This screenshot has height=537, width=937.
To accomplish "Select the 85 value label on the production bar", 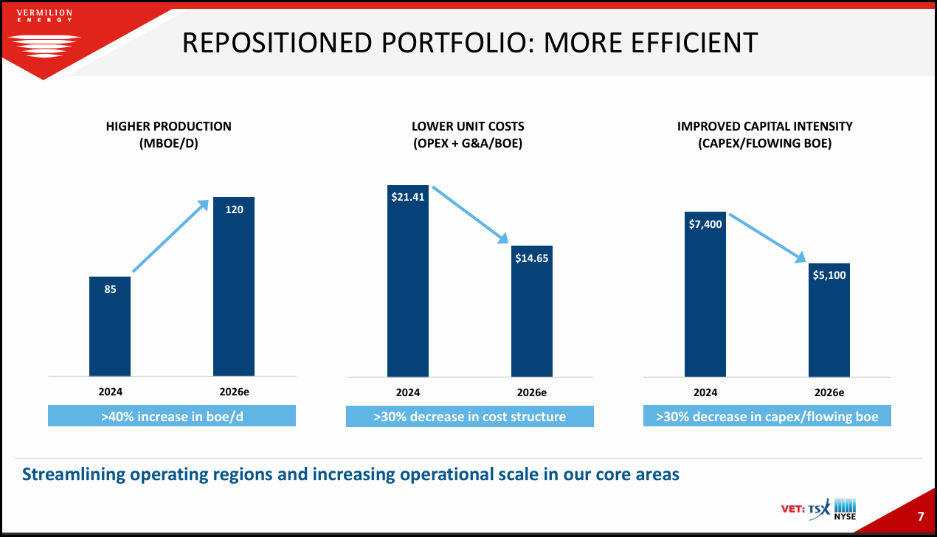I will coord(110,290).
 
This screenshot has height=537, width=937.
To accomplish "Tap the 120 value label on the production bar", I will coord(234,210).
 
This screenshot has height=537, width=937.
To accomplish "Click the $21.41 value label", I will coord(407,198).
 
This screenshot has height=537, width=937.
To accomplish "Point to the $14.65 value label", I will coord(531,258).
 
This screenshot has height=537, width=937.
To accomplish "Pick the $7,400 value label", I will coord(705,224).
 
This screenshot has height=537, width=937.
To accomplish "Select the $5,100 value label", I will coord(829,275).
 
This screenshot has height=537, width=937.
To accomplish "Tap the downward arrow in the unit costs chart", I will coord(470,215).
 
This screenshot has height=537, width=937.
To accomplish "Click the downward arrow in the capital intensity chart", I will coord(767,238).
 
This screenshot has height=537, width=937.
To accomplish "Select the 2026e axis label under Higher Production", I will coord(234,392).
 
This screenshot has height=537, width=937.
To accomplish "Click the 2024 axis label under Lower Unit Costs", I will coord(407,392).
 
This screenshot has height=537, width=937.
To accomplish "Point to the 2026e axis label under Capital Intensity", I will coord(829,392).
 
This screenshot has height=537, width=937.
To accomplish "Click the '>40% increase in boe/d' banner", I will coord(172,417).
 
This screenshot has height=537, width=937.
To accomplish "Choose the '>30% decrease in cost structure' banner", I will coord(470,417).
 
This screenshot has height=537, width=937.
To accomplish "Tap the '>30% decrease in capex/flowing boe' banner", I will coord(767,417).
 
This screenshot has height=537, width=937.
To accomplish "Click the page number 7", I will coord(920,515).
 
